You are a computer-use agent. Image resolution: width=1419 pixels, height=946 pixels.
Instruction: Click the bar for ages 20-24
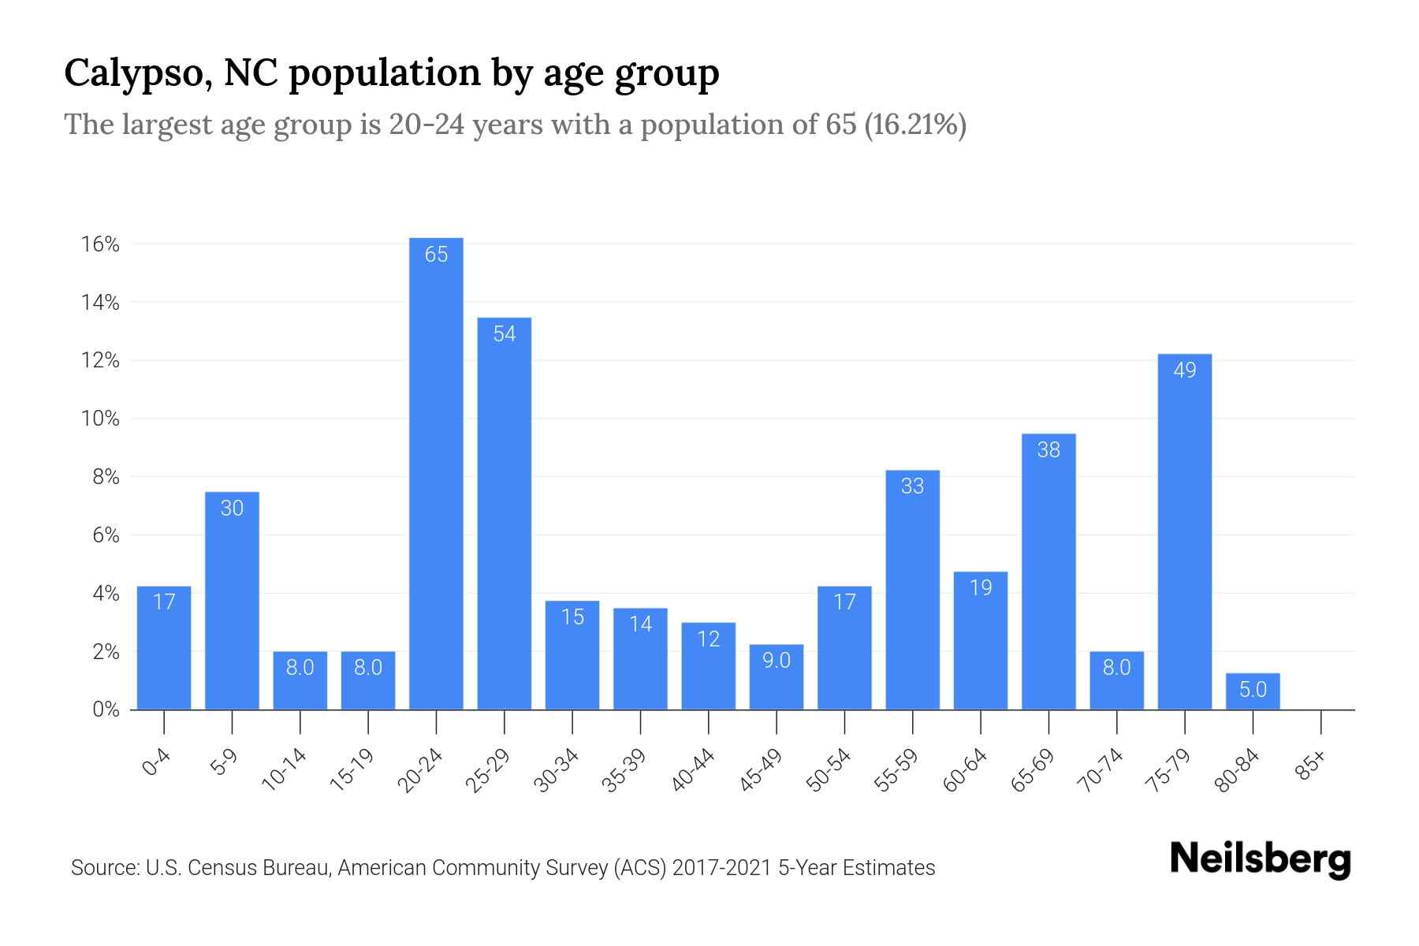(x=436, y=473)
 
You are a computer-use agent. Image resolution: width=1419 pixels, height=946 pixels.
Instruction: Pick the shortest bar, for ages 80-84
(x=1253, y=691)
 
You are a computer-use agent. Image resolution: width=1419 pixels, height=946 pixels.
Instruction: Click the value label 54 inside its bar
(x=505, y=334)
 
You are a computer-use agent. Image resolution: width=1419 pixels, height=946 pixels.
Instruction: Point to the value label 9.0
(x=777, y=661)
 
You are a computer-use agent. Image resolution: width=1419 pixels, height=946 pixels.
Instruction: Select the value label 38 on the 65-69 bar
(x=1048, y=450)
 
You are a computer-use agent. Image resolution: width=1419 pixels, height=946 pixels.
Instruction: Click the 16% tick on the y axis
(x=100, y=244)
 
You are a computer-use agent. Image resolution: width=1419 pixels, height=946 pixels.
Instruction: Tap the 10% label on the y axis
(x=100, y=419)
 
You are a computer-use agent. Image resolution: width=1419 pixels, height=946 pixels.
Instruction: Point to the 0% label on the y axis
(x=106, y=709)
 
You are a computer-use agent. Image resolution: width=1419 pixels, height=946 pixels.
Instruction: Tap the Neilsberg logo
(x=1260, y=860)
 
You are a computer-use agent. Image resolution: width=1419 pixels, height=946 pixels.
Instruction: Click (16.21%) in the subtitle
(x=915, y=125)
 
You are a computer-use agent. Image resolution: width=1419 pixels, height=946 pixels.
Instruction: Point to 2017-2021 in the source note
(x=721, y=868)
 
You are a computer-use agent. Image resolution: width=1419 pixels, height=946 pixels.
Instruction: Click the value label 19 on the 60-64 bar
(x=981, y=588)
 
